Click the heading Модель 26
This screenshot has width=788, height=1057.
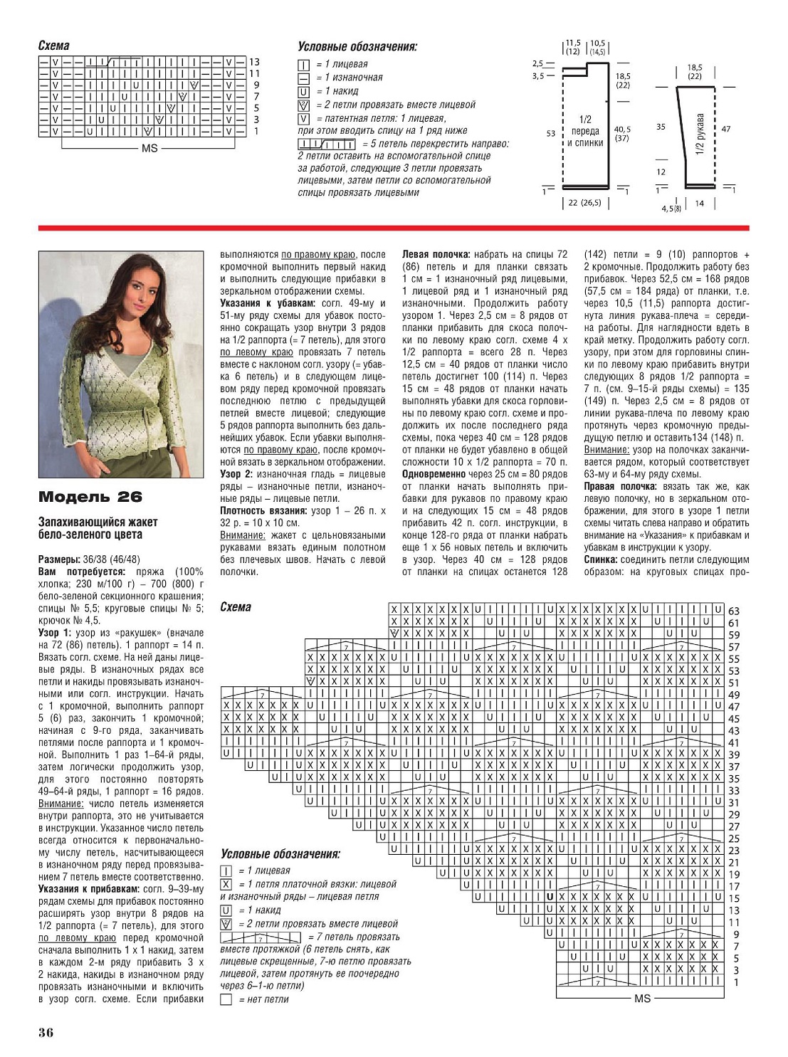90,497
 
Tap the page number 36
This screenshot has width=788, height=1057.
46,1032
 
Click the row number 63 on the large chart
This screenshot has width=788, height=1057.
734,611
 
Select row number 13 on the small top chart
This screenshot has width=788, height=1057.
254,62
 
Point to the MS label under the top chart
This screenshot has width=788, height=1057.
149,149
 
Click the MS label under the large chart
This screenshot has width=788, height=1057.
642,999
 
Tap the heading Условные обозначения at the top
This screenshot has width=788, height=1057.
357,47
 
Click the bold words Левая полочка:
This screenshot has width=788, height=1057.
436,254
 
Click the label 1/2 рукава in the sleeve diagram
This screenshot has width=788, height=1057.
700,134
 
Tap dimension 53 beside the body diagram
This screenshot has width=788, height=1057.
550,133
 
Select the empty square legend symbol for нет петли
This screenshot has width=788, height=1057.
226,999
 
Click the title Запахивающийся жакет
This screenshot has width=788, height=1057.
98,522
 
